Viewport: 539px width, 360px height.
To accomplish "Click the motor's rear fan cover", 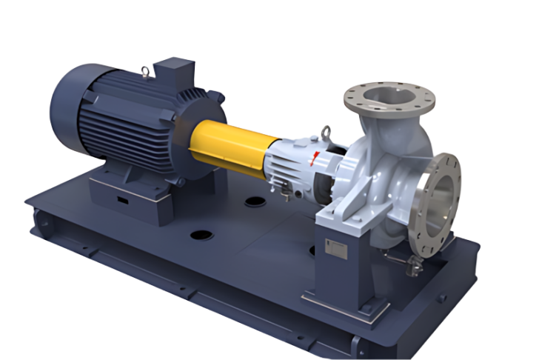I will pos(70,111).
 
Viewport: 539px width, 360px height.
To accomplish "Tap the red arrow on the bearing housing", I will pos(317,157).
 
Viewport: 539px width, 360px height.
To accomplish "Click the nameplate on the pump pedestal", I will pos(335,250).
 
